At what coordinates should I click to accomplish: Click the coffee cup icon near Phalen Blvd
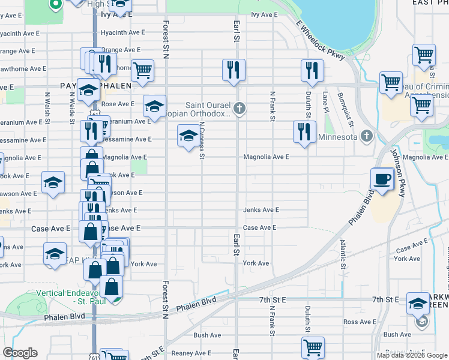click(x=382, y=178)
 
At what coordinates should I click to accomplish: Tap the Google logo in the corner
click(x=20, y=353)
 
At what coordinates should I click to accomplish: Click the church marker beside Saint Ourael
click(x=240, y=109)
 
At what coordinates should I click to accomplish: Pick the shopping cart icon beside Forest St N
click(x=143, y=70)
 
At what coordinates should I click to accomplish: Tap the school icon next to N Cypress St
click(x=188, y=136)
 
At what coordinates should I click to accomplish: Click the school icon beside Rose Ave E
click(x=154, y=106)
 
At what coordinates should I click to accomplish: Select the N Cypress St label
click(x=202, y=141)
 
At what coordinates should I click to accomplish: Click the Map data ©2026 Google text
click(x=412, y=355)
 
